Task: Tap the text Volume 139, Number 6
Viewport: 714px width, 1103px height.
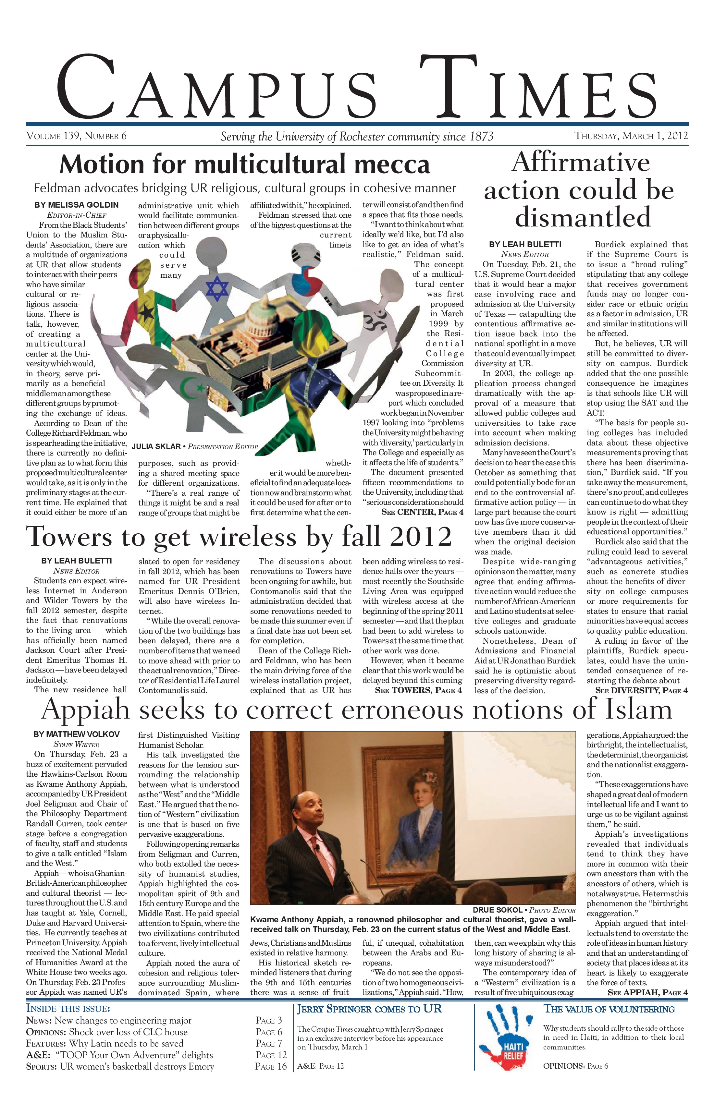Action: coord(77,136)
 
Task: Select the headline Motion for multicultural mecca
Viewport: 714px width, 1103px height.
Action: coord(245,164)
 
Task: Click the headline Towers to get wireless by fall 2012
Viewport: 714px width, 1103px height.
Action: coord(239,537)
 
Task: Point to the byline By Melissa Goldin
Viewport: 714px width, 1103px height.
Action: coord(77,205)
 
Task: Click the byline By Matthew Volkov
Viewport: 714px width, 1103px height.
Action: coord(77,734)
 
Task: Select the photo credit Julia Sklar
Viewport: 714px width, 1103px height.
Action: coord(195,447)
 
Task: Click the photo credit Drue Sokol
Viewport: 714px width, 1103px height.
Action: coord(524,910)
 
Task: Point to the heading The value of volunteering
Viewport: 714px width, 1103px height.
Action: coord(609,1009)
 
